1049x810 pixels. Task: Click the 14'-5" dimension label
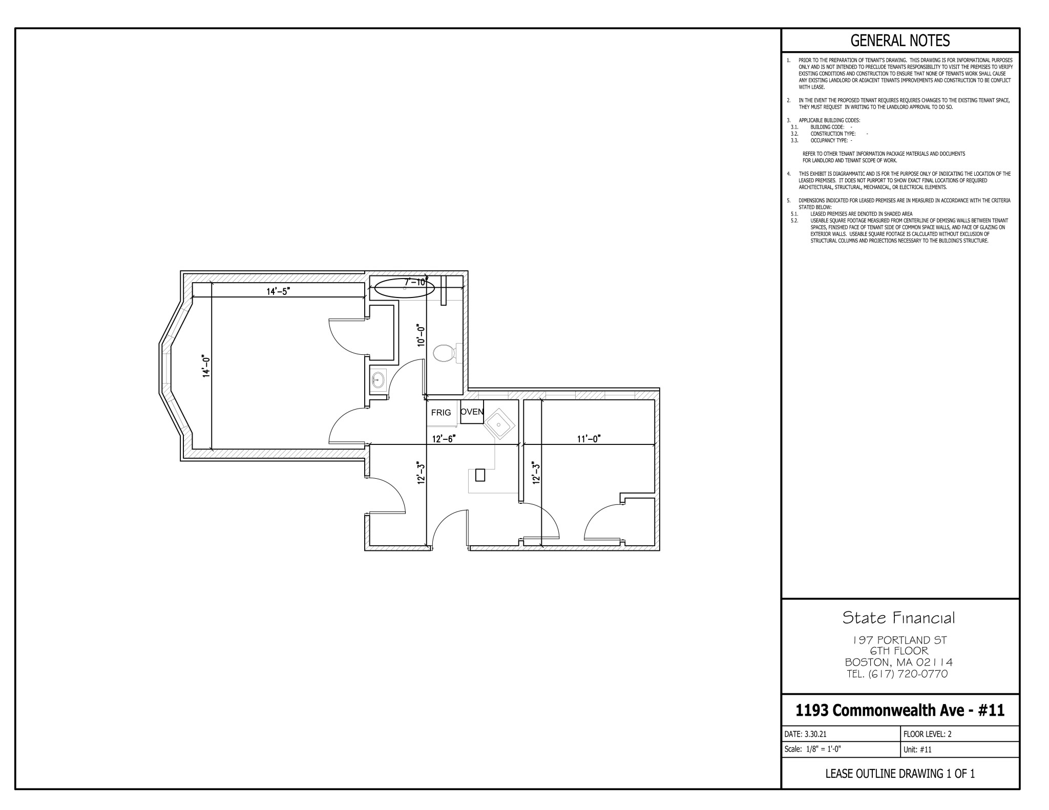(278, 292)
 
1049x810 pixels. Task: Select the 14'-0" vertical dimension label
(206, 367)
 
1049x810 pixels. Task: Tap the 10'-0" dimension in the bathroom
(421, 335)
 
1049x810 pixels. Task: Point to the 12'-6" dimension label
(444, 439)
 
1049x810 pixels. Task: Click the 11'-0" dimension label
(589, 439)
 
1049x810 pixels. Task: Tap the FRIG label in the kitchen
(441, 412)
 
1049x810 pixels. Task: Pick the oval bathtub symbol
(405, 288)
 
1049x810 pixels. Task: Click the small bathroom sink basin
(379, 380)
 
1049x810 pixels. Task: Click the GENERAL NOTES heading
(900, 40)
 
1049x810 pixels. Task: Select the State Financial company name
(899, 618)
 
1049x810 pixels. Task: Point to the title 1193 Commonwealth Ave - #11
(900, 710)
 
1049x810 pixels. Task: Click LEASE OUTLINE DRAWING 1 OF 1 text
(900, 774)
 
